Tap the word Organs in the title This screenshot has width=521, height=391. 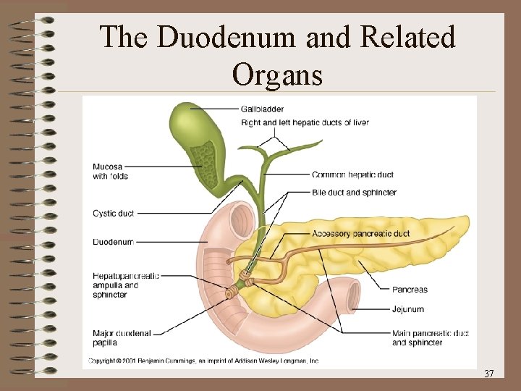pos(277,74)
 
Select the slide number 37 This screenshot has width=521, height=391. pos(488,374)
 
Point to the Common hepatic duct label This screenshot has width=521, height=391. pos(352,175)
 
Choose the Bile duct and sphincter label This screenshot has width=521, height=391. pos(354,193)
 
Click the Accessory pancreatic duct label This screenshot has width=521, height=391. pos(360,234)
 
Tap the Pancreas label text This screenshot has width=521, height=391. pos(410,290)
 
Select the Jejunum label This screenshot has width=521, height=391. pos(408,309)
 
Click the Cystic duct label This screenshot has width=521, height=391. pos(113,214)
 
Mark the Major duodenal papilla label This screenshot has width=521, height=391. pos(122,338)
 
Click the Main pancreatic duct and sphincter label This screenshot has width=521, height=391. pos(430,338)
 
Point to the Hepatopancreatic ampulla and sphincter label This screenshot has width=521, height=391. pos(125,285)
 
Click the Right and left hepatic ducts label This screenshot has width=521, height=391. pos(305,122)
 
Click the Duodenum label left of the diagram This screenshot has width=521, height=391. pos(113,242)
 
